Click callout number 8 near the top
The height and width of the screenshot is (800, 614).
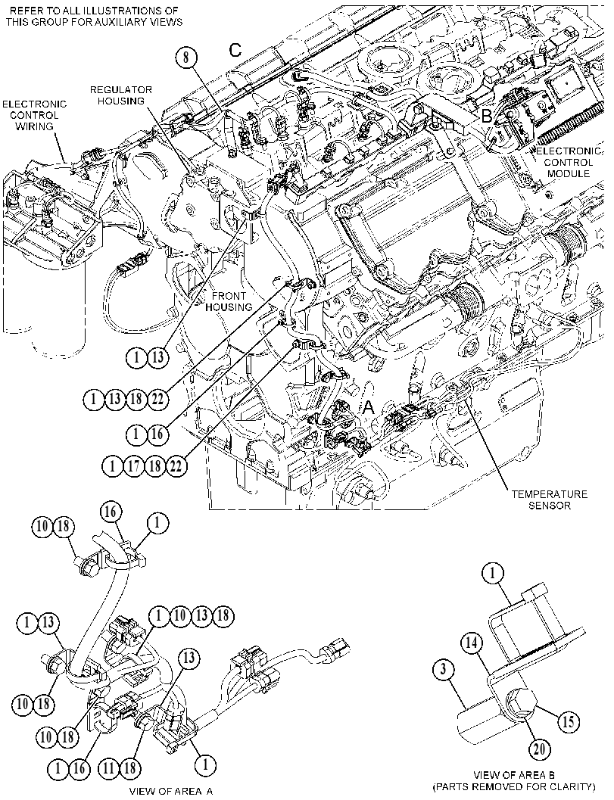pos(186,57)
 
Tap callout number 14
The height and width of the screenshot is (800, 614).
pos(473,643)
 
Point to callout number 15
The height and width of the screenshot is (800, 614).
pos(569,721)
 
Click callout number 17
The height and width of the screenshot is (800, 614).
pos(134,465)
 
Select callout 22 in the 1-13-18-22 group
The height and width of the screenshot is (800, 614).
pos(157,398)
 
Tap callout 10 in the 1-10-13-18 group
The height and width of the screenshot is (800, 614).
pos(181,616)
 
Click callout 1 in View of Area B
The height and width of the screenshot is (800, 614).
pos(493,574)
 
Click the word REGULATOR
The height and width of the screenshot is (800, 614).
pos(121,89)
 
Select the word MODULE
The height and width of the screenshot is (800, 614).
pos(566,173)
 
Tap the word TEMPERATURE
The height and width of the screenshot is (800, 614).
pos(549,494)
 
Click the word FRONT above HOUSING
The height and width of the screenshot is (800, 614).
pos(229,296)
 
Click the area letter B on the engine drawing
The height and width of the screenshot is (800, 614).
pos(486,117)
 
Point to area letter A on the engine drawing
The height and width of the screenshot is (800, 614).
pos(369,408)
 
